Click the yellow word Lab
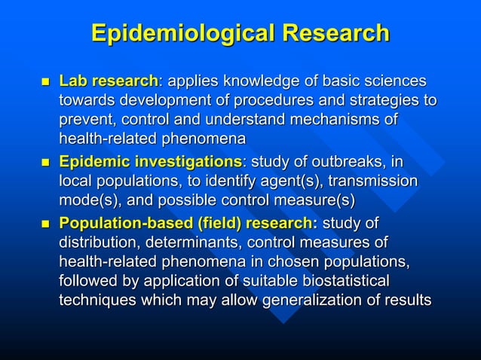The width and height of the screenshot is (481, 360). [72, 81]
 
